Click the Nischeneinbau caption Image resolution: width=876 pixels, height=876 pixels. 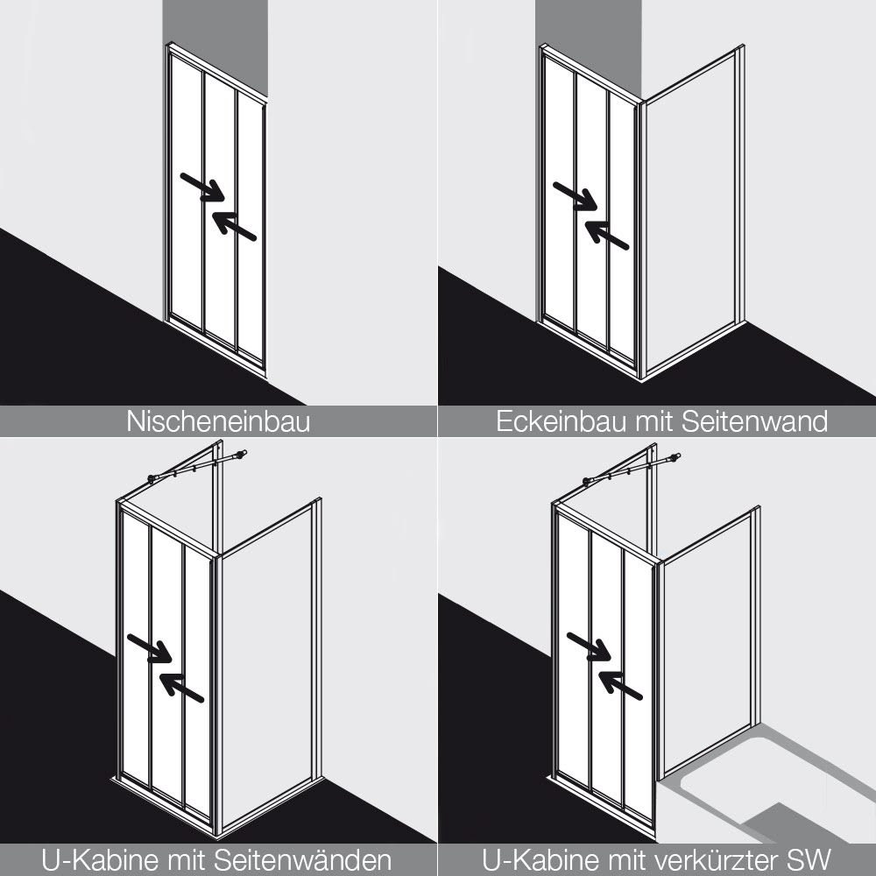click(218, 421)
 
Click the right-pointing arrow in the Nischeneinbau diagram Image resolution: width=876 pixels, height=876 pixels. click(202, 187)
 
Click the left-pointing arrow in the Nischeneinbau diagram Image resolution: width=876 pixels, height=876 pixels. click(234, 226)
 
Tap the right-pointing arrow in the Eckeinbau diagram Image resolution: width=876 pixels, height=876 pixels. click(575, 196)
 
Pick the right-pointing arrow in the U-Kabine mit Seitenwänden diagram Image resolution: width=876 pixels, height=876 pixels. click(149, 648)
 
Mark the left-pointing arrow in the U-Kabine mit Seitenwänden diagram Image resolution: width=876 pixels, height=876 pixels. click(181, 687)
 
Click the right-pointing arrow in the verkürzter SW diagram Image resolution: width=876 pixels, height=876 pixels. click(589, 646)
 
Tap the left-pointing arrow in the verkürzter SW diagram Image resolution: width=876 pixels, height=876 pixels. click(621, 685)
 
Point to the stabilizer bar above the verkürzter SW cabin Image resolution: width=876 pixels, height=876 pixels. click(632, 468)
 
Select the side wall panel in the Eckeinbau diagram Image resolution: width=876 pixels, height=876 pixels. click(693, 212)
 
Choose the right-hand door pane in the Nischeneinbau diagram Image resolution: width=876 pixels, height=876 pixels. click(249, 223)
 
